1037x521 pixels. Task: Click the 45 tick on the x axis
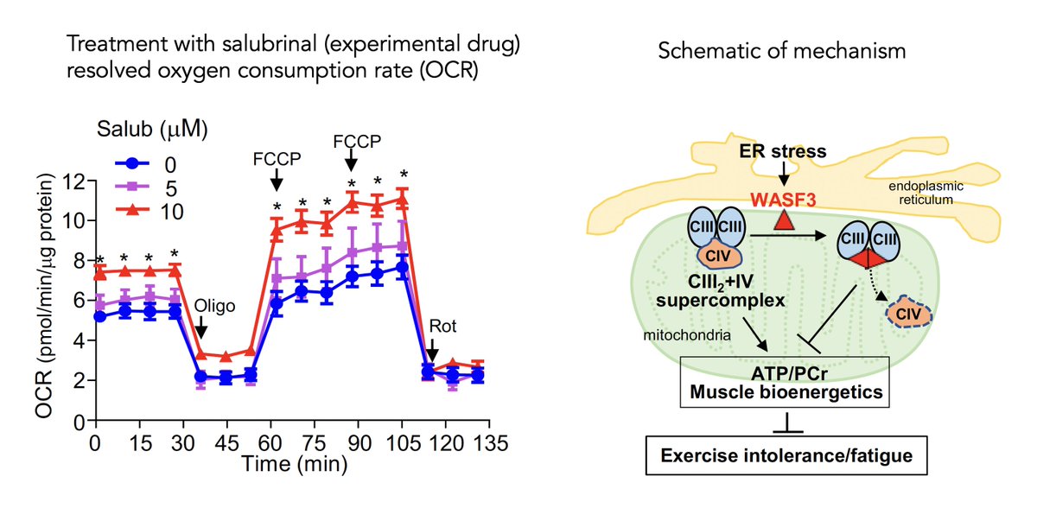(224, 443)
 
